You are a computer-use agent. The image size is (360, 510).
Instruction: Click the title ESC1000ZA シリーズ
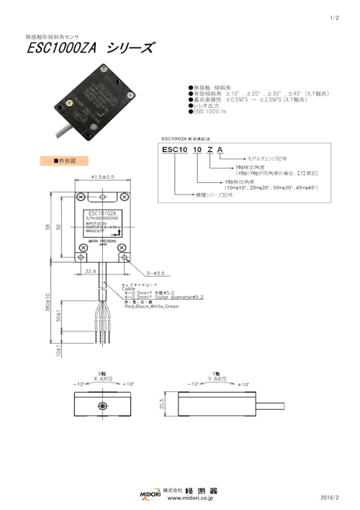pyautogui.click(x=89, y=49)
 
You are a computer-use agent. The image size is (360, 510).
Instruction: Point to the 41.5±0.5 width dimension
pyautogui.click(x=103, y=176)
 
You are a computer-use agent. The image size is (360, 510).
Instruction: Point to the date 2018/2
pyautogui.click(x=330, y=497)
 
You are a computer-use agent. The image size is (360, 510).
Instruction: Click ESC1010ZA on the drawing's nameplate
pyautogui.click(x=103, y=214)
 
